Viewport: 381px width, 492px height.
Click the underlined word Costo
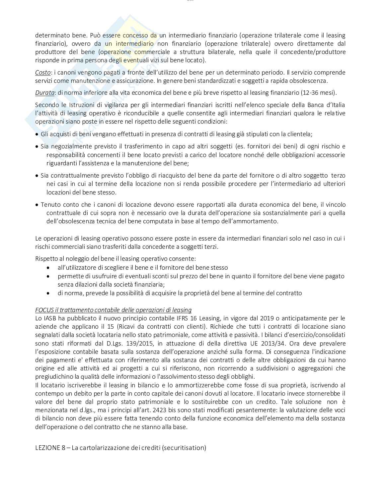coord(43,72)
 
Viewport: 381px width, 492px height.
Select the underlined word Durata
coord(44,93)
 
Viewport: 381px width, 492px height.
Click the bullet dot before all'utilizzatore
coord(49,267)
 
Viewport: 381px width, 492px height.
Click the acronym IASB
coord(50,318)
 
